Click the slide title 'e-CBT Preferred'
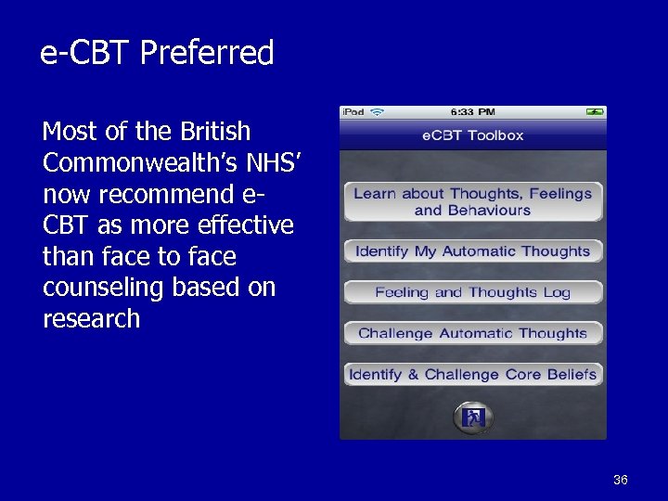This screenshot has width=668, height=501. [x=157, y=53]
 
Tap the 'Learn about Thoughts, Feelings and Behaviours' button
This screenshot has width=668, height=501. [x=473, y=201]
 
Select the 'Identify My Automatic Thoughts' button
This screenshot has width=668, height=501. [x=473, y=250]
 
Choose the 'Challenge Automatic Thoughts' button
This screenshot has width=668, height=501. [x=473, y=333]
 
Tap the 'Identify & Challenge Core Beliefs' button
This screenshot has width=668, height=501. [x=473, y=374]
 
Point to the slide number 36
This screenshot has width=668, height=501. [x=621, y=480]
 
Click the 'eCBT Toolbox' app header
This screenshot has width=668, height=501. [x=473, y=135]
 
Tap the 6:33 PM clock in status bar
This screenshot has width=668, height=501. [x=472, y=112]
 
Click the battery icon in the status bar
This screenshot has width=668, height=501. [x=594, y=112]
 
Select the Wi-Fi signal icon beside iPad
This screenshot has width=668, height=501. [x=377, y=112]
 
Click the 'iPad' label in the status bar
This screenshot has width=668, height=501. [x=353, y=112]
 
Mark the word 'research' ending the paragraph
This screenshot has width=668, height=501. [x=91, y=318]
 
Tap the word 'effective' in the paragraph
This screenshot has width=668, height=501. [x=237, y=225]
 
